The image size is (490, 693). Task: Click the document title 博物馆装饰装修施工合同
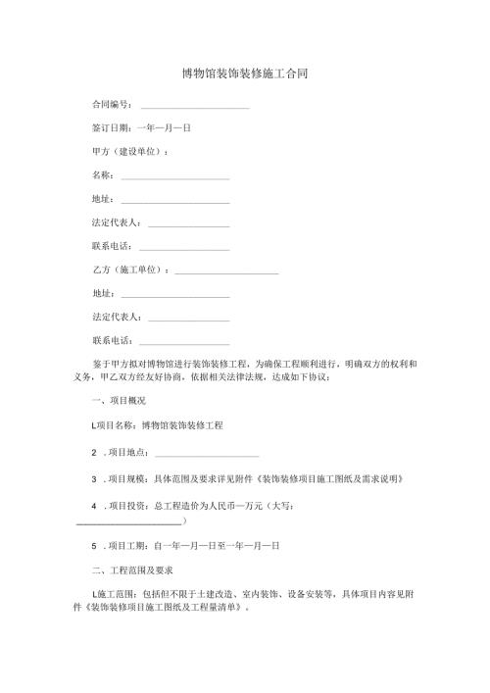coord(245,74)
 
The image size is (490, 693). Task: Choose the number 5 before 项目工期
coord(93,545)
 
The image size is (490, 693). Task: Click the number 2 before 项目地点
coord(93,452)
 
